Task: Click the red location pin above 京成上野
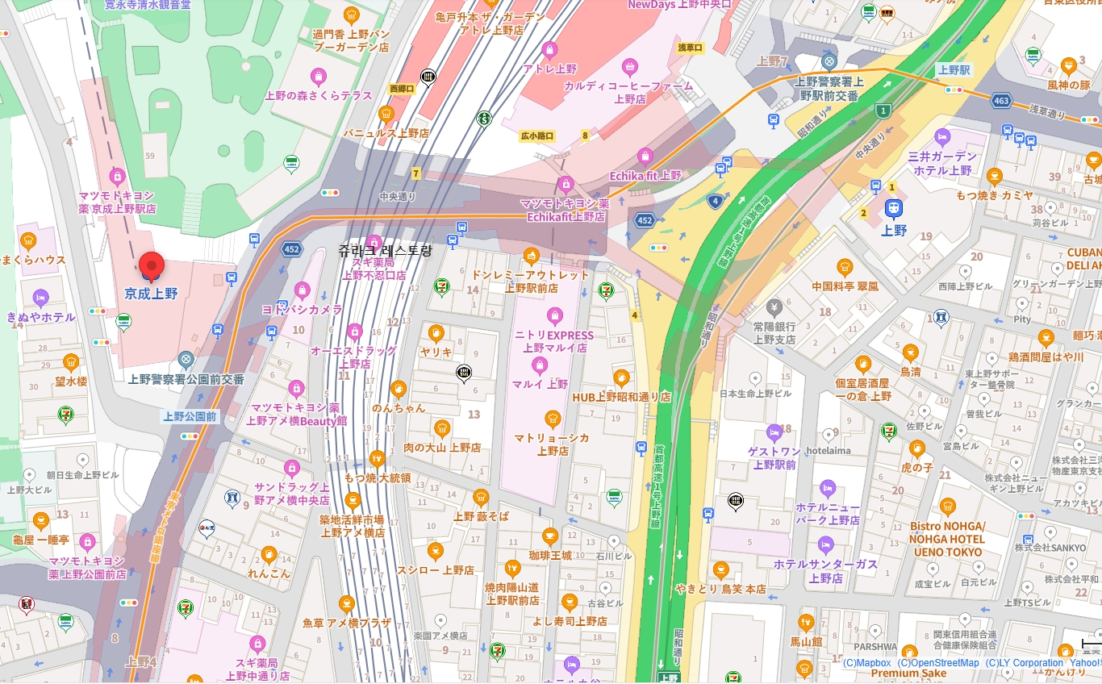[152, 266]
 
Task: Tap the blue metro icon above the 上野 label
[893, 209]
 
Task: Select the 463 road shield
[1002, 101]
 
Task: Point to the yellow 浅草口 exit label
[691, 48]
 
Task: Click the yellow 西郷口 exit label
[401, 89]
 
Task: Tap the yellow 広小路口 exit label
[537, 136]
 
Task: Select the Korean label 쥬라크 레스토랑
[386, 251]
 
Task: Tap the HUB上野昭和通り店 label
[621, 397]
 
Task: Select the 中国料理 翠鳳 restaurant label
[845, 286]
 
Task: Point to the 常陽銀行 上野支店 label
[774, 333]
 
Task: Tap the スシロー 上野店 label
[435, 569]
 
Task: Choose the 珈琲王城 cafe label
[550, 555]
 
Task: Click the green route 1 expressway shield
[884, 111]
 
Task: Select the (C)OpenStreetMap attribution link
[938, 663]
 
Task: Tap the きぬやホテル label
[40, 317]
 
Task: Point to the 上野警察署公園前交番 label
[186, 378]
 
